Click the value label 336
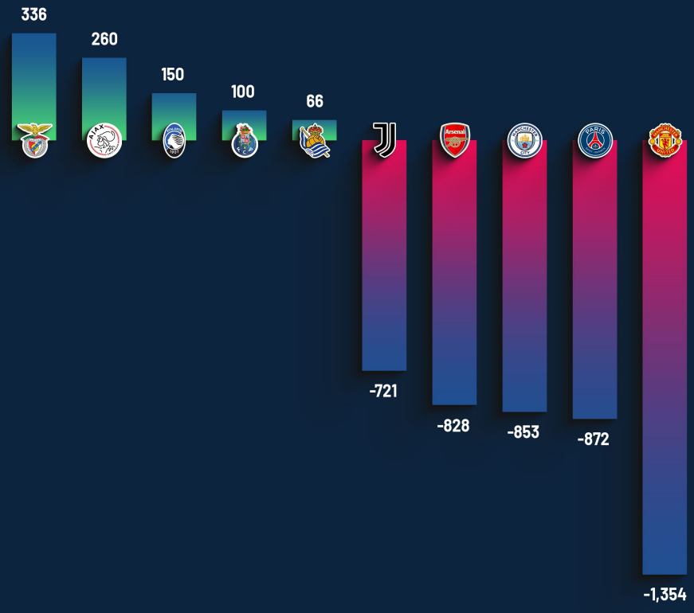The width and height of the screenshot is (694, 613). [33, 14]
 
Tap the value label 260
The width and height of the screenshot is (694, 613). [104, 39]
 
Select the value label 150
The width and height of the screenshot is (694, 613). [173, 75]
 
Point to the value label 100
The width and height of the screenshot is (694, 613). [243, 92]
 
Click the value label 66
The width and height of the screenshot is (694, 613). [315, 101]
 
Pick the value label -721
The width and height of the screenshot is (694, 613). [383, 391]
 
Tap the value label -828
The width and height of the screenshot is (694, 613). [453, 426]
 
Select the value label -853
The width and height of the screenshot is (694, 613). [523, 432]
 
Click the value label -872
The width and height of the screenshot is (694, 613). [594, 439]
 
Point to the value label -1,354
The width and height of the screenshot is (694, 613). [665, 595]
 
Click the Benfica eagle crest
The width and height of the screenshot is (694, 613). [35, 140]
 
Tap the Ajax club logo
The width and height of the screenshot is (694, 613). [104, 140]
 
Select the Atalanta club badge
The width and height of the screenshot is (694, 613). [174, 140]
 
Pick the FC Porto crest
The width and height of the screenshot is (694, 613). [244, 140]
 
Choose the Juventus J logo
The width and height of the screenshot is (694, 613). [384, 139]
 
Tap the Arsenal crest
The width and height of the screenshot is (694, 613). [454, 139]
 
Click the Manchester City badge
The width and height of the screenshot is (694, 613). [524, 140]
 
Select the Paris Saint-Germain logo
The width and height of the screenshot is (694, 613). [594, 140]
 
